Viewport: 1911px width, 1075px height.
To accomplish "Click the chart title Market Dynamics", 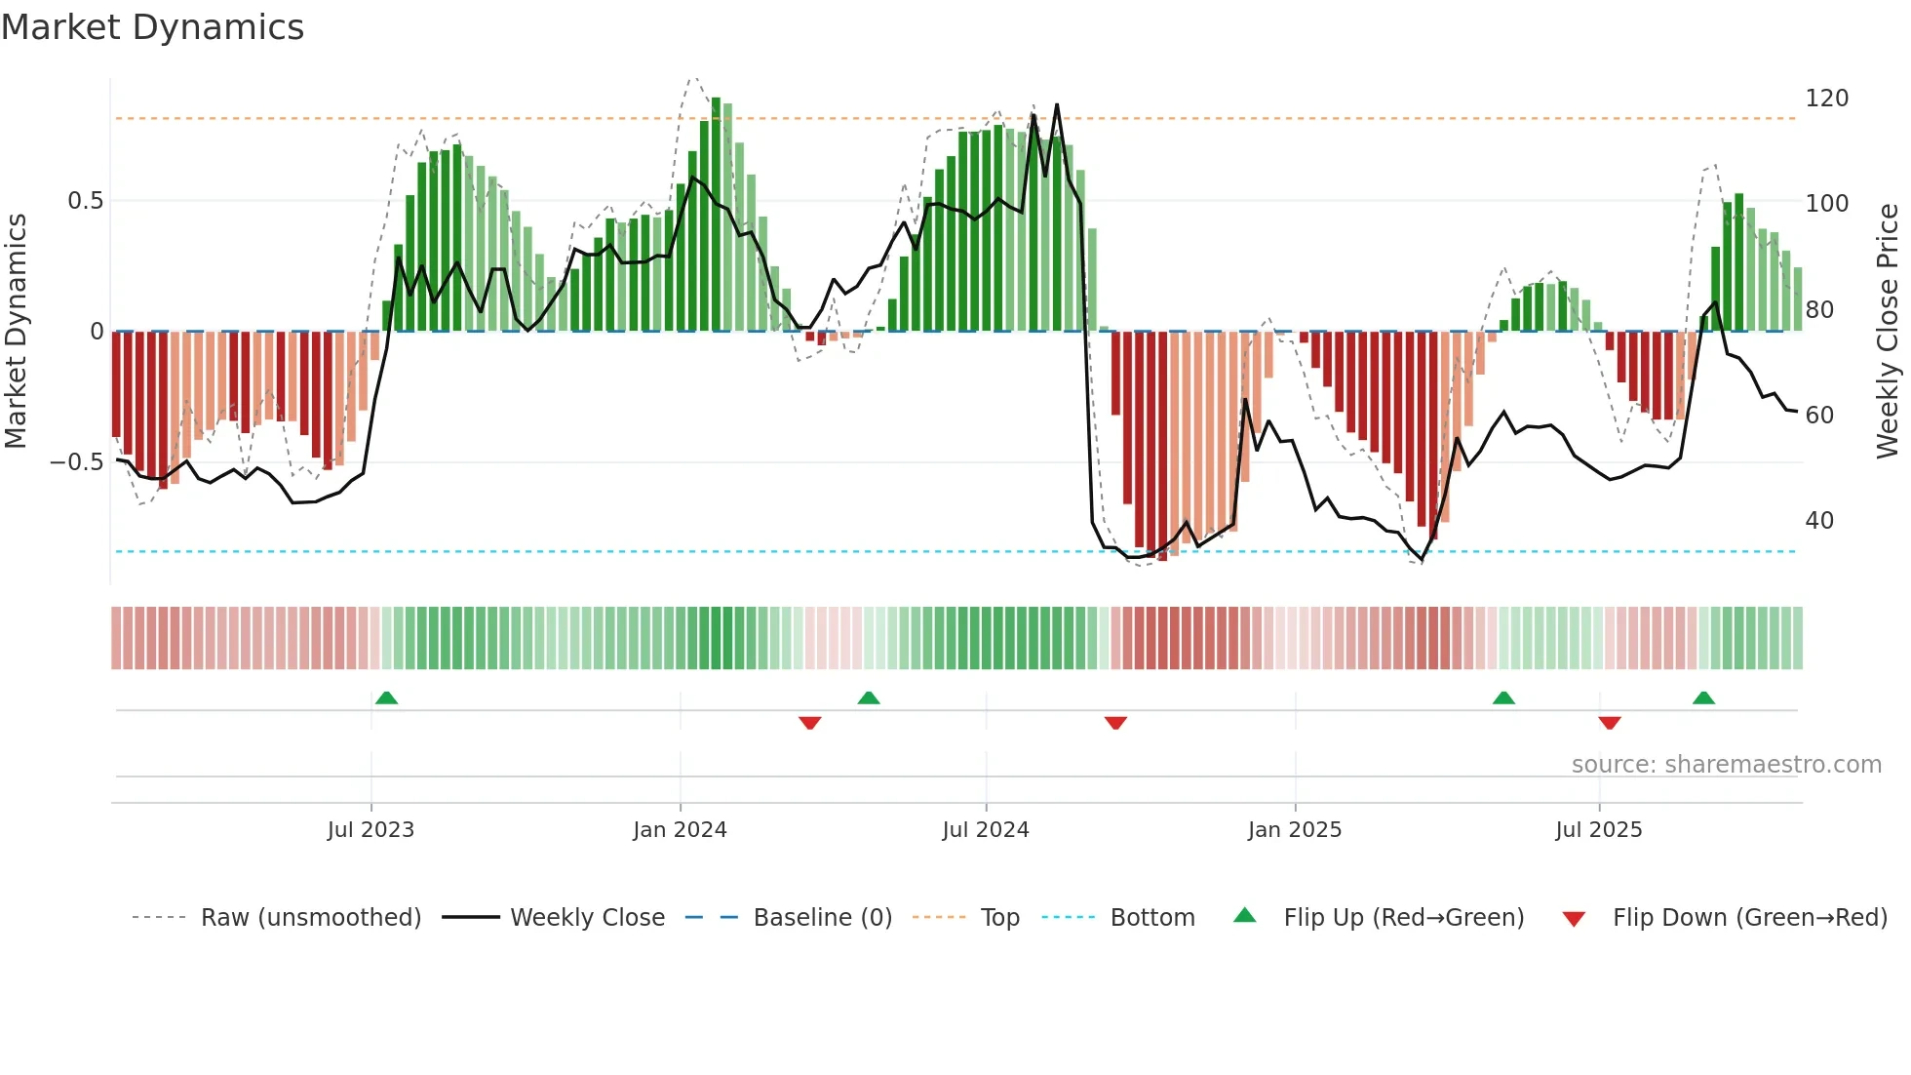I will tap(152, 27).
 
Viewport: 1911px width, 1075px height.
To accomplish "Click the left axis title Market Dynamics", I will tap(17, 332).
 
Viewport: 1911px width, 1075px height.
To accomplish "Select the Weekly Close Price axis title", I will tap(1888, 332).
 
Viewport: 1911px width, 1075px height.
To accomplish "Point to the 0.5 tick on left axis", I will tap(85, 201).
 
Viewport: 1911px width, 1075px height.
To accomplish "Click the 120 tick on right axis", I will tap(1826, 99).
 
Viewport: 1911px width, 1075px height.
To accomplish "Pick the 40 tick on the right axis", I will tap(1819, 521).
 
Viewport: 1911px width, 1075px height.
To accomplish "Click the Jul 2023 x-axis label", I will tap(370, 830).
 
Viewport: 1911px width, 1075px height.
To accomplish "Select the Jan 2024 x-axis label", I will tap(680, 830).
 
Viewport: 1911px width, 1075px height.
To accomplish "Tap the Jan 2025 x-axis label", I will tap(1295, 830).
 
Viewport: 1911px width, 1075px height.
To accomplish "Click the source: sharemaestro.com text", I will tap(1726, 765).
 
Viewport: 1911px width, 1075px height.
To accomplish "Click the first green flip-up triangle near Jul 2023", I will tap(386, 697).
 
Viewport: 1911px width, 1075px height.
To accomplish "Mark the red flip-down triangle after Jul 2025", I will tap(1610, 723).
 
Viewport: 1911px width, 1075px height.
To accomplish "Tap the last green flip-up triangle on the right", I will tap(1703, 697).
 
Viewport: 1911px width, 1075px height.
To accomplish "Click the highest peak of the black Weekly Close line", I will tap(1057, 105).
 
